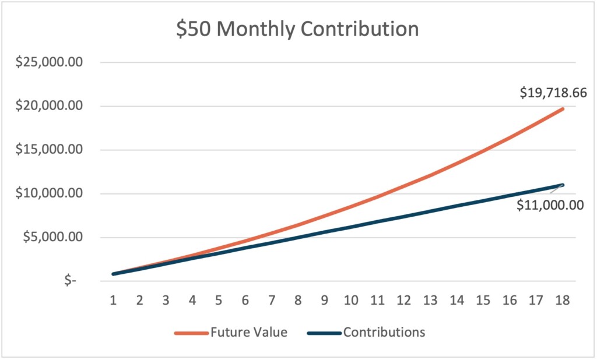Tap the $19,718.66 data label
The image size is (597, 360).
tap(553, 93)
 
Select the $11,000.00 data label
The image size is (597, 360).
tap(550, 205)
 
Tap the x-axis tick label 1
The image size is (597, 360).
tap(114, 301)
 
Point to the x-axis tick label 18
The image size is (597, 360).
tap(562, 301)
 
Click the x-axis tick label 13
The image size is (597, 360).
tap(430, 301)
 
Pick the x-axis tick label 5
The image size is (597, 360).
tap(219, 301)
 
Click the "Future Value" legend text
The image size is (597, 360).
tap(249, 333)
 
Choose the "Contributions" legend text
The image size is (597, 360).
tap(384, 333)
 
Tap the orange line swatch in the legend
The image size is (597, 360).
tap(191, 333)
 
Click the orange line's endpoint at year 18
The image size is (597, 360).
tap(563, 109)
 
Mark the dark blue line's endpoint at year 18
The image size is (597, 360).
tap(563, 185)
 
